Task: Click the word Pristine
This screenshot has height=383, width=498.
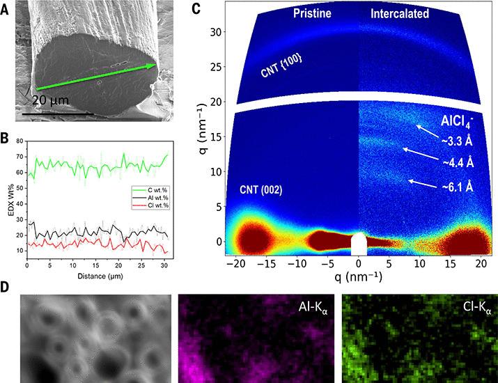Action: coord(312,14)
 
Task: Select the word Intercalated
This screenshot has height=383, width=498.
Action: coord(400,14)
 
